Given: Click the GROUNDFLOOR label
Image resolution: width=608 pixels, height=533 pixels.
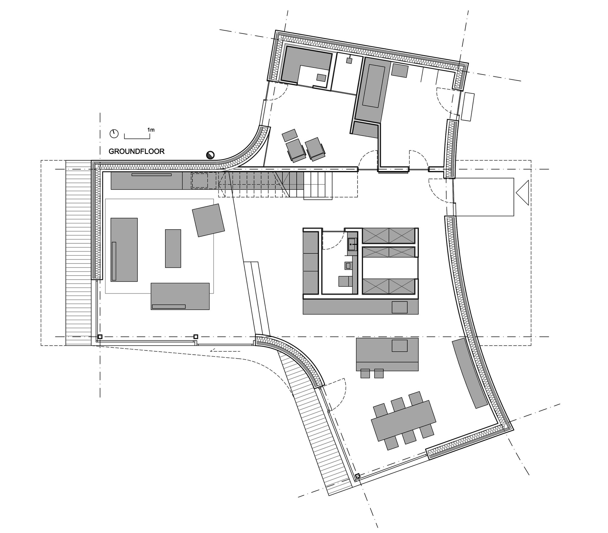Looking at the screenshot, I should [136, 152].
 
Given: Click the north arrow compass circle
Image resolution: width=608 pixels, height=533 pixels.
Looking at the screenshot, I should [114, 134].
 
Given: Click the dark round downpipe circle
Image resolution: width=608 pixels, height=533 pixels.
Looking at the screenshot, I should [210, 155].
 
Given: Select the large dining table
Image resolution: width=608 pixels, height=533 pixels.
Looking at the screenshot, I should [403, 420].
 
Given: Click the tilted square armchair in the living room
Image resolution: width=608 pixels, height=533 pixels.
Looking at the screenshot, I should [208, 220].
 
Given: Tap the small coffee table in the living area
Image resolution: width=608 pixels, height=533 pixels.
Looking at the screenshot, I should [173, 248].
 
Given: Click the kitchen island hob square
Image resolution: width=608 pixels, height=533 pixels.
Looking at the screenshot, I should [399, 346].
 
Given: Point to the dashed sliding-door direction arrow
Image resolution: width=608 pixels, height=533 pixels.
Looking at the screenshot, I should [225, 350].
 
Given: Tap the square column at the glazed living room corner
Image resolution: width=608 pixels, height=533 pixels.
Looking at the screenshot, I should [100, 337].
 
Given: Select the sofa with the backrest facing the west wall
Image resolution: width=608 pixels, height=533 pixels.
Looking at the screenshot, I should [124, 249].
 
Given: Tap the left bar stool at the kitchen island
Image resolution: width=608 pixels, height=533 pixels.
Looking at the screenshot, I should [365, 373].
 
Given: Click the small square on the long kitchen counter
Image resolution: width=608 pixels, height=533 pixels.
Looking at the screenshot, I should [399, 307].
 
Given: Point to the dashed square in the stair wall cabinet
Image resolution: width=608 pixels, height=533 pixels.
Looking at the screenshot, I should [203, 180].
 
